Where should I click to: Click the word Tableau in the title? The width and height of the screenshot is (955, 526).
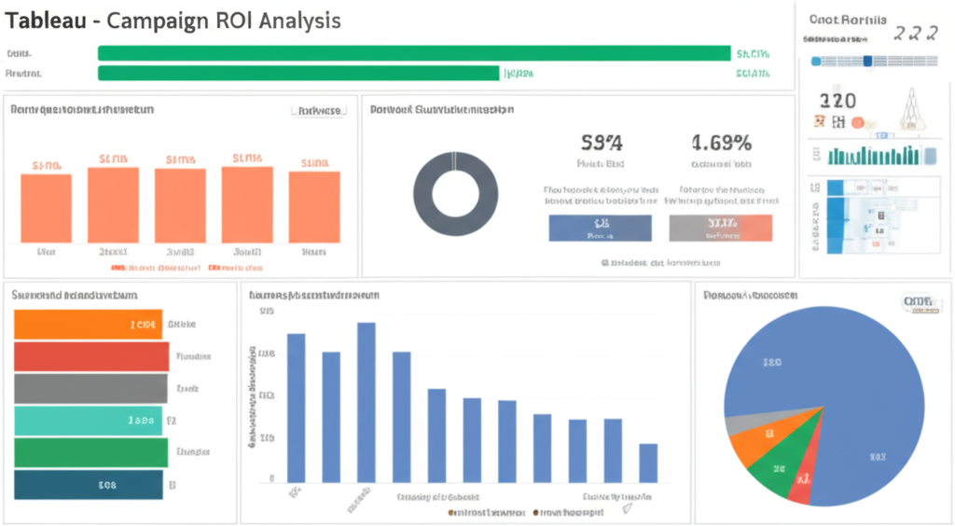(x=46, y=21)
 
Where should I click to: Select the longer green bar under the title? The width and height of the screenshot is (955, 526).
(x=414, y=53)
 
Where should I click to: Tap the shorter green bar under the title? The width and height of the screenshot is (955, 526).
(x=298, y=73)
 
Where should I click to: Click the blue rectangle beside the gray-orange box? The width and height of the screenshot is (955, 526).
(x=600, y=228)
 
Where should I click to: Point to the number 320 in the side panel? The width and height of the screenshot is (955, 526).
(x=837, y=101)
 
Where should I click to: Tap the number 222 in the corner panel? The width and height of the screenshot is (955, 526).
(x=915, y=34)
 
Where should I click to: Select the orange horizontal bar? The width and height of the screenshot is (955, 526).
(x=89, y=325)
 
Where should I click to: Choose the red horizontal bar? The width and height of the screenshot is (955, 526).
(x=91, y=356)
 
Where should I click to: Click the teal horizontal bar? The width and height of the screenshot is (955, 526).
(x=89, y=421)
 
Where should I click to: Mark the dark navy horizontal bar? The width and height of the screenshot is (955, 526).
(x=89, y=484)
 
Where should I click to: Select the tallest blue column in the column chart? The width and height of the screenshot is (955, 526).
(x=367, y=401)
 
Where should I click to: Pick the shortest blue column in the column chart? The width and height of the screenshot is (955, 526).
(x=648, y=463)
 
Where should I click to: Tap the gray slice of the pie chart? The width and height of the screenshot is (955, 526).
(x=739, y=424)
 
